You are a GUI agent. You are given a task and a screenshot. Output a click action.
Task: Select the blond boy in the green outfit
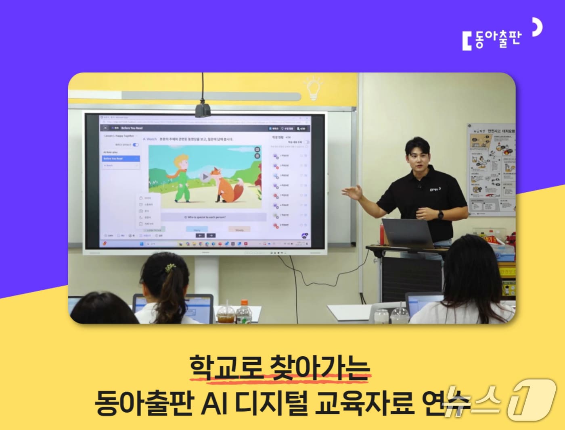pos(181,177)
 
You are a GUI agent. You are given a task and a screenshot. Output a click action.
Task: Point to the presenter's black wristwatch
pos(440,214)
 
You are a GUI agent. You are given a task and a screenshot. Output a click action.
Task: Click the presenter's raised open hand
pos(352,192)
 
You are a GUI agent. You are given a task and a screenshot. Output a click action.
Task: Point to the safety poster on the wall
pos(491,169)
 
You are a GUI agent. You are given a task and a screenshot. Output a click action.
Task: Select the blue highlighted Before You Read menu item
pos(121,159)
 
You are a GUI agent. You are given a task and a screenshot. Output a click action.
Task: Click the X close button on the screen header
pos(105,128)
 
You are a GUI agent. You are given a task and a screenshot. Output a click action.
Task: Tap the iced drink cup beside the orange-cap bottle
pos(225,314)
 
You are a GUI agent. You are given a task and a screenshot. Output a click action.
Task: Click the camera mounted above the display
pos(203,109)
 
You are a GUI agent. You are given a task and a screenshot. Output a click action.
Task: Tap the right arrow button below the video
pos(211,235)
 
